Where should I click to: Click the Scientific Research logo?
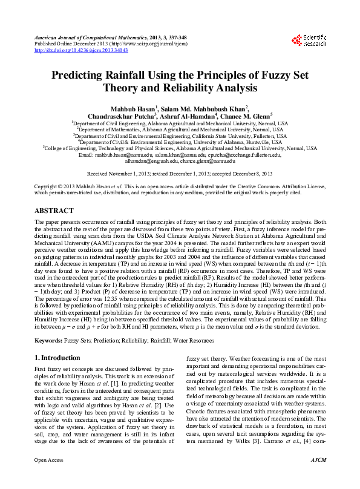coord(309,41)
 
